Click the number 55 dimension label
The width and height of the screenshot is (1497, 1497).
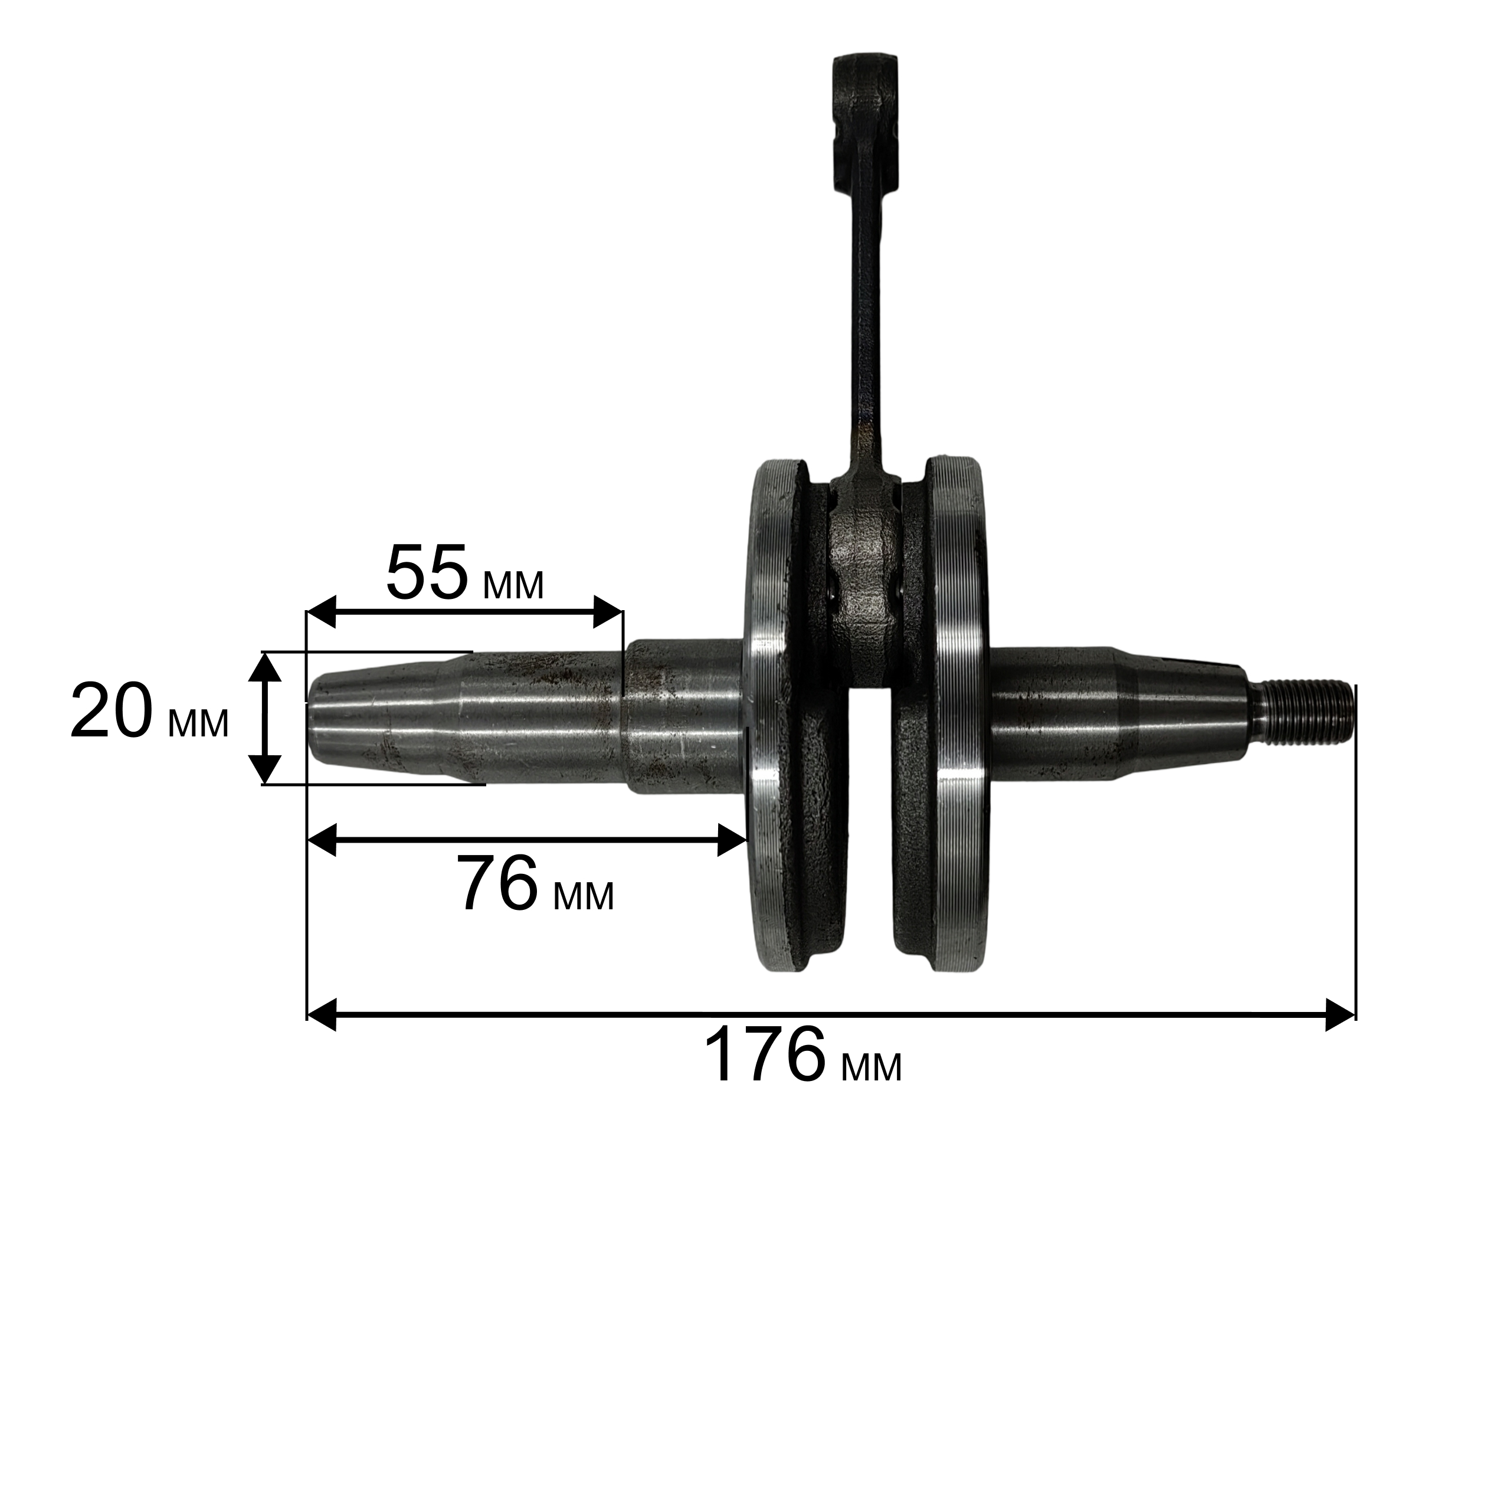tap(427, 575)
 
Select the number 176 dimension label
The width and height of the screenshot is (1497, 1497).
tap(765, 1056)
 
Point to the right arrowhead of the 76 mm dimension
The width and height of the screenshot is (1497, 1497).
tap(731, 840)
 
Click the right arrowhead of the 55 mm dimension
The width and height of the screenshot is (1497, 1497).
tap(608, 612)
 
